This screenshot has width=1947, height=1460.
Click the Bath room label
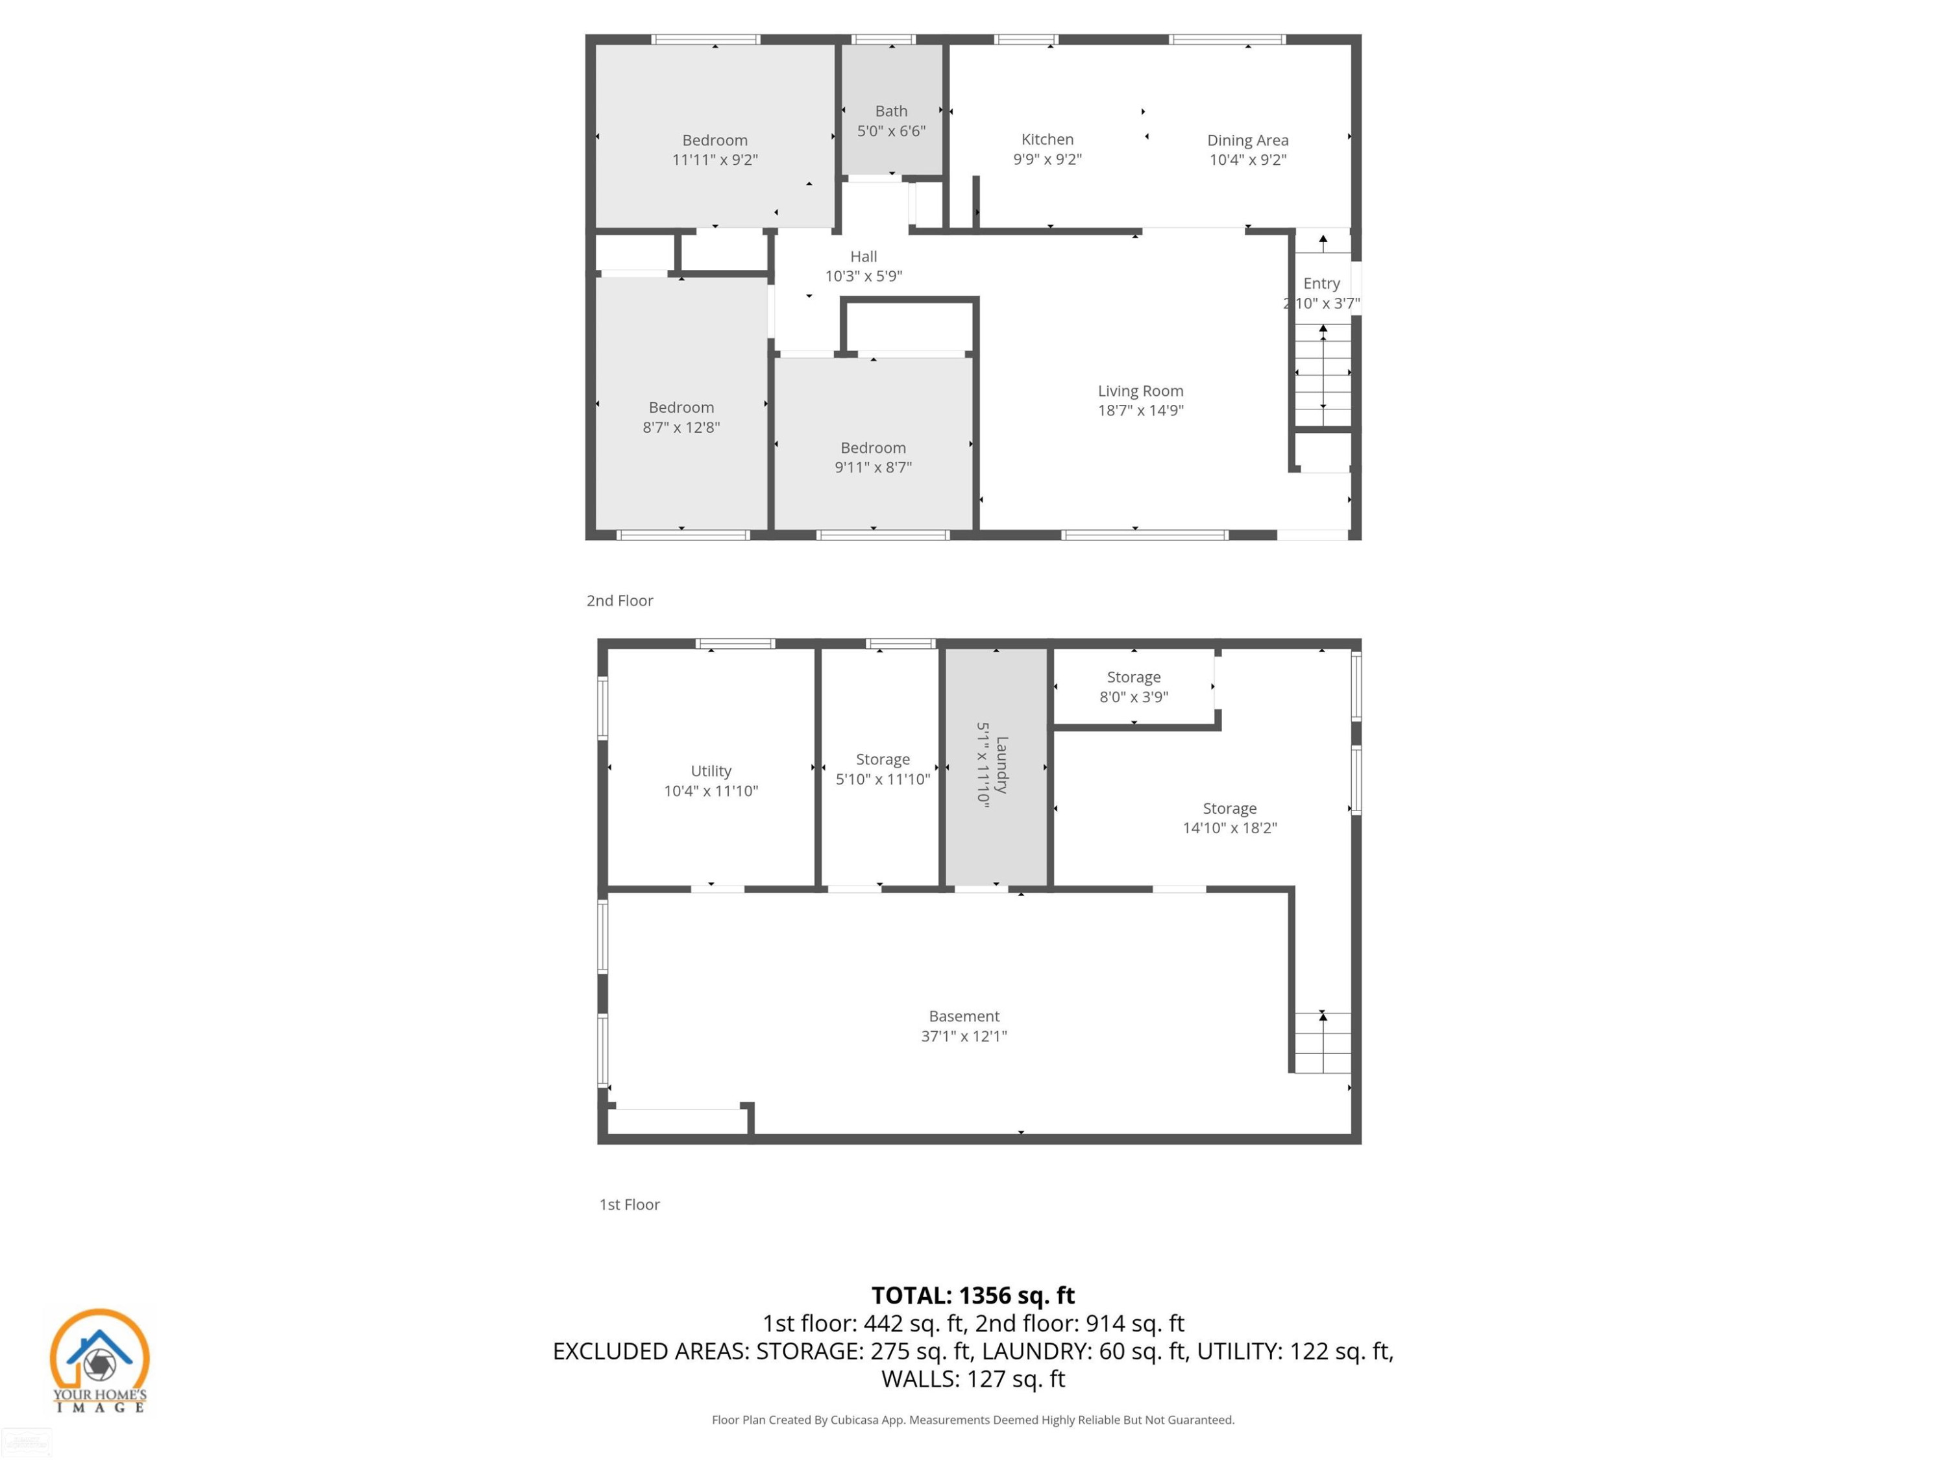(891, 111)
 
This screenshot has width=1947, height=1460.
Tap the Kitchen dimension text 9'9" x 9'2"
(1047, 159)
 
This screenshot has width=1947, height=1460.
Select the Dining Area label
(1247, 140)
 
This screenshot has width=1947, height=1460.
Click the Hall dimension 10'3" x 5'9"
(863, 276)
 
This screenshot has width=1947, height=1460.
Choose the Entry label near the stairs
(1321, 284)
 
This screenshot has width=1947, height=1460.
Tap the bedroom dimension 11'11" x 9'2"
(715, 159)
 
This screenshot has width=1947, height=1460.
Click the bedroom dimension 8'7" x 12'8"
(681, 427)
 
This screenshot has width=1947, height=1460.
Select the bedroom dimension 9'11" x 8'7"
(873, 467)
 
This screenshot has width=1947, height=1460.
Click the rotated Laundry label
(1001, 765)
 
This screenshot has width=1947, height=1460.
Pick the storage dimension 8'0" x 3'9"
(1134, 697)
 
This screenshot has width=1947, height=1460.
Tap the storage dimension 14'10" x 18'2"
(1230, 827)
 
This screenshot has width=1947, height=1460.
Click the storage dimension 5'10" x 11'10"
(883, 779)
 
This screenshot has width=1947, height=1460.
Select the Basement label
(964, 1016)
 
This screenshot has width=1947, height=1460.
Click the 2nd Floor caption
(620, 600)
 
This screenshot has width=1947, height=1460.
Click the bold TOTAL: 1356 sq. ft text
(973, 1295)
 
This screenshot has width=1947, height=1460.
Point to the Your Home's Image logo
(99, 1361)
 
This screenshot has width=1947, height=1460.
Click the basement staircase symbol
(1321, 1042)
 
